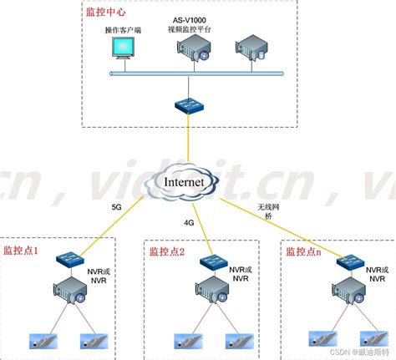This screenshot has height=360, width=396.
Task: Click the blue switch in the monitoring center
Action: pyautogui.click(x=190, y=105)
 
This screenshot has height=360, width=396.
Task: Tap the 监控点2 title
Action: pyautogui.click(x=167, y=251)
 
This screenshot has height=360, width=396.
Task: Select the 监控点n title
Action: pyautogui.click(x=303, y=251)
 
